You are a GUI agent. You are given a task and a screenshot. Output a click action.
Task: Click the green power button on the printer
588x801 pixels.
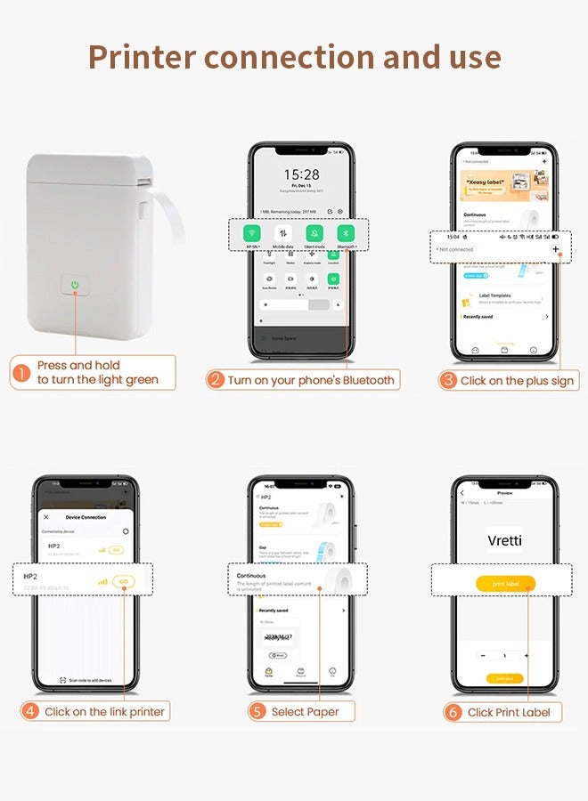pyautogui.click(x=77, y=287)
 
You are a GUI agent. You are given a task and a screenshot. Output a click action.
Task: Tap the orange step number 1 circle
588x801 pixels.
pyautogui.click(x=20, y=373)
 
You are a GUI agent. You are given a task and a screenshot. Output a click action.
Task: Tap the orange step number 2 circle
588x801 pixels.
pyautogui.click(x=215, y=380)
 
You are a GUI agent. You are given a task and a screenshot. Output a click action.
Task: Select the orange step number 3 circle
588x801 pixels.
pyautogui.click(x=448, y=380)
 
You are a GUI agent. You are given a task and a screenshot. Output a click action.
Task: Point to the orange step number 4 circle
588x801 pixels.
pyautogui.click(x=31, y=711)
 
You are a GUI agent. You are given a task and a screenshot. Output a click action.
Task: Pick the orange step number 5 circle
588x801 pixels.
pyautogui.click(x=257, y=711)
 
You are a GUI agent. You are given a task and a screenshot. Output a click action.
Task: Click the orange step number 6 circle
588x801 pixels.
pyautogui.click(x=453, y=711)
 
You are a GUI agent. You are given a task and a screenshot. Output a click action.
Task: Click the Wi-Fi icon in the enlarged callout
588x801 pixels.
pyautogui.click(x=251, y=233)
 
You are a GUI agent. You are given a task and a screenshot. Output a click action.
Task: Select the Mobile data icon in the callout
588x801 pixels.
pyautogui.click(x=283, y=233)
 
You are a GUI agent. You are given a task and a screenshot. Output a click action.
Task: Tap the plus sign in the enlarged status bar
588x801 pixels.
pyautogui.click(x=556, y=249)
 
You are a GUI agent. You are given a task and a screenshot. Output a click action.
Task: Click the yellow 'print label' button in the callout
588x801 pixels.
pyautogui.click(x=505, y=584)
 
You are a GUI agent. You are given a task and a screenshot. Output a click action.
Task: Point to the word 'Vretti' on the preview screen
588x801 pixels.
pyautogui.click(x=505, y=540)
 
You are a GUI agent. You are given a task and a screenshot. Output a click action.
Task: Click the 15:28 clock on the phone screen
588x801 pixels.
pyautogui.click(x=301, y=175)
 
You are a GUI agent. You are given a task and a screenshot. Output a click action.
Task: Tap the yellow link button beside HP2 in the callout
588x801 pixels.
pyautogui.click(x=125, y=581)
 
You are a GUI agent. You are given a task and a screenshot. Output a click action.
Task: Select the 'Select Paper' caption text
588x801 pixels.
pyautogui.click(x=306, y=711)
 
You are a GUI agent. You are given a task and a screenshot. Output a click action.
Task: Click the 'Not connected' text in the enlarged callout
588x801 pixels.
pyautogui.click(x=456, y=249)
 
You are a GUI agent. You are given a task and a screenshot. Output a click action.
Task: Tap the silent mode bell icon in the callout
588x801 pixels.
pyautogui.click(x=314, y=233)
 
